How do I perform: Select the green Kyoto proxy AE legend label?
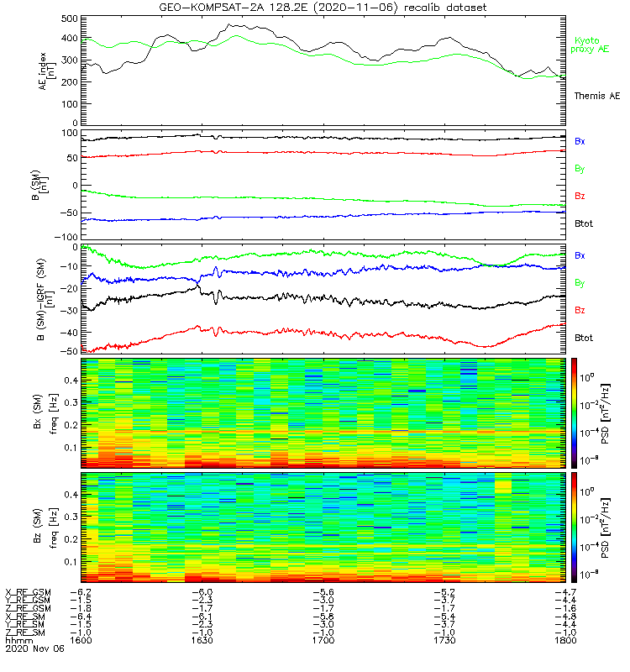point(593,45)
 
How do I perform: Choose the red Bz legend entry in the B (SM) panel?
point(580,197)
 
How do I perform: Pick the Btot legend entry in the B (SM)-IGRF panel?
point(584,338)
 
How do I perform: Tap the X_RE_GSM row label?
point(28,592)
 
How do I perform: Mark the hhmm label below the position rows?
point(16,640)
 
